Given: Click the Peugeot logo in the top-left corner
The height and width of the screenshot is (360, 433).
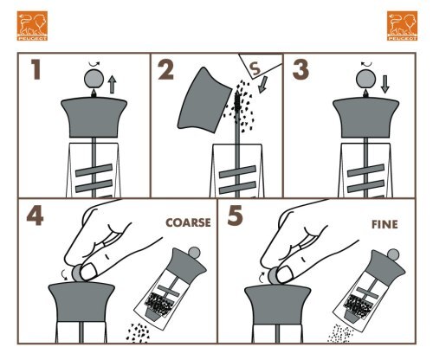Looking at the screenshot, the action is click(32, 26).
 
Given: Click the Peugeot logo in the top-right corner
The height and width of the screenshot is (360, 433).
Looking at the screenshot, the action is click(402, 26).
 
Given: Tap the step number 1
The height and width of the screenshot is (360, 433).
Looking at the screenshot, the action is click(36, 69).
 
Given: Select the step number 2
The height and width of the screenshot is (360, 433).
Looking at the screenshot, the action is click(166, 69).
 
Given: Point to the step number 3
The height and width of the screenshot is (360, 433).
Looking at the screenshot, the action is click(301, 69).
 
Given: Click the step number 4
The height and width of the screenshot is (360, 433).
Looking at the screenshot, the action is click(35, 215).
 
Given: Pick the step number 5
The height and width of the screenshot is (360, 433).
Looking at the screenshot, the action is click(235, 215).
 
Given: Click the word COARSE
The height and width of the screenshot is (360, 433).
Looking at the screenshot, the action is click(188, 222).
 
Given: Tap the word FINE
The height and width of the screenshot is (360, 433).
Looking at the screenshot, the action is click(385, 224).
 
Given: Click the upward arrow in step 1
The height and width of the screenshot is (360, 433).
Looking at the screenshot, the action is click(112, 84).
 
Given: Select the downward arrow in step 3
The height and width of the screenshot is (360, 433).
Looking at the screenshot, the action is click(385, 84).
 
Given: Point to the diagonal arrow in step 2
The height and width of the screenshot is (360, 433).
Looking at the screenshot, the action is click(263, 85).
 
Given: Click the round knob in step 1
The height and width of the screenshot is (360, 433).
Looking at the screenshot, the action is click(94, 79).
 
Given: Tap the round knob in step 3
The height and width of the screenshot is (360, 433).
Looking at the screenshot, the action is click(366, 79).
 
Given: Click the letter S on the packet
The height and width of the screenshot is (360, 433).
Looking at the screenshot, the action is click(255, 69).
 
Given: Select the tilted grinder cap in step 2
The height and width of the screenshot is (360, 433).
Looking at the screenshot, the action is click(204, 100).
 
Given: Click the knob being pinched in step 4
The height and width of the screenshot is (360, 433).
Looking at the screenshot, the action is click(77, 273).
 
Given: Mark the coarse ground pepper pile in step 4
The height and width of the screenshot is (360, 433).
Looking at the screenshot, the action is click(138, 333).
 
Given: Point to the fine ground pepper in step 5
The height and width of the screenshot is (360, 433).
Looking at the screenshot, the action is click(340, 334).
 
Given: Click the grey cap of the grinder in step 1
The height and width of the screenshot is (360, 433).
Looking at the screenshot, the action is click(94, 117).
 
